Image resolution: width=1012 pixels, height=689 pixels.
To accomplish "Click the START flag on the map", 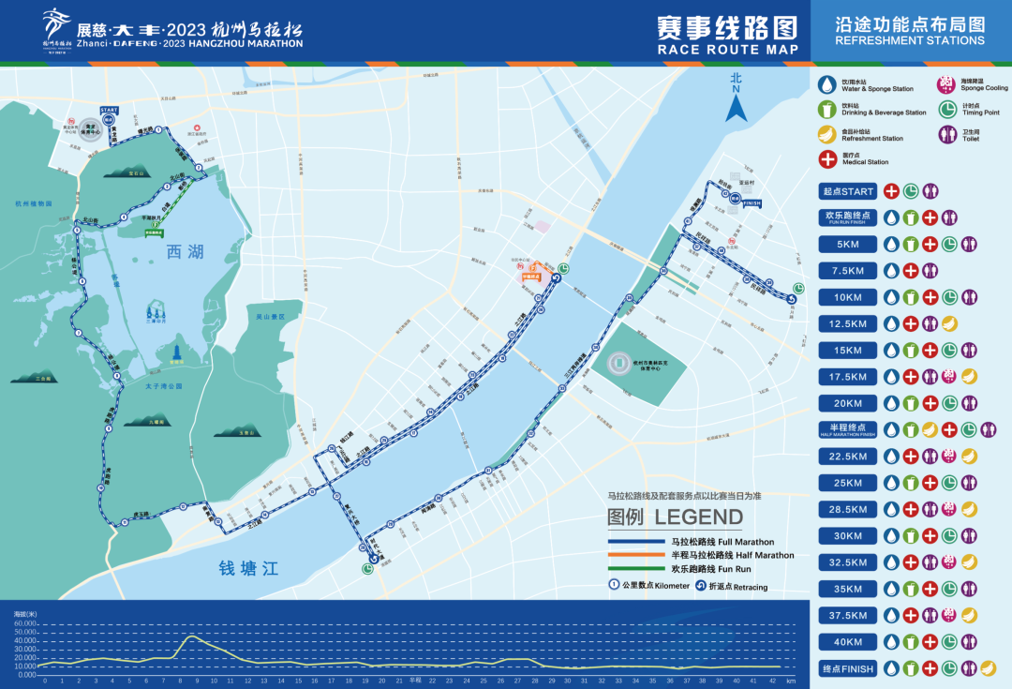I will pos(109,111).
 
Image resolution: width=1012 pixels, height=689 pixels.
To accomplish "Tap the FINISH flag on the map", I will pos(752,202).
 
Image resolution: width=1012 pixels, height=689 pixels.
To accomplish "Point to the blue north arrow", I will pos(737,103).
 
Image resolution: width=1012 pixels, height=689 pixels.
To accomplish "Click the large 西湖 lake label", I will pos(185,252).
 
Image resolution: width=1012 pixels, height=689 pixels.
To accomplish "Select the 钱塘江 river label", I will pos(248,569).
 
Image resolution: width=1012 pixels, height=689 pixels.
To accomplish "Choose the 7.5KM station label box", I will pos(847,271).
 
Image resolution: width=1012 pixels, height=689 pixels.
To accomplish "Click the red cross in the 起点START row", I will pos(891,191).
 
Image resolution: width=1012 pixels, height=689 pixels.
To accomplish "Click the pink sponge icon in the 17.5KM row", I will pos(948,377).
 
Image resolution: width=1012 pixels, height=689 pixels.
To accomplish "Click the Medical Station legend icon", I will pos(827,159).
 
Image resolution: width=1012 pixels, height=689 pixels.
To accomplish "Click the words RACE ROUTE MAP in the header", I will pos(728,50).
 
